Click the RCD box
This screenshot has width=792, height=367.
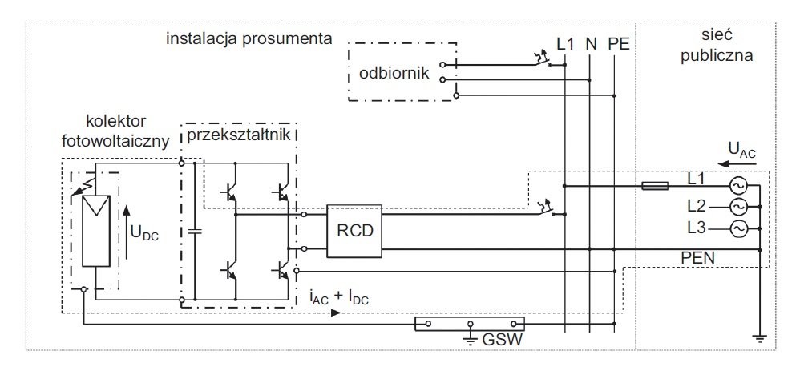click(354, 232)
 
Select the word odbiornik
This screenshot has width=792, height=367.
click(394, 73)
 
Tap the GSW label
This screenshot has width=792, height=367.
click(502, 340)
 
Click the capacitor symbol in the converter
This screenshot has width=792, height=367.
click(195, 232)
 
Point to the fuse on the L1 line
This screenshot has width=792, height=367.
click(655, 186)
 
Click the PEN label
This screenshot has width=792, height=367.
click(697, 258)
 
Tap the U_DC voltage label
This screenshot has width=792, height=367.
click(144, 232)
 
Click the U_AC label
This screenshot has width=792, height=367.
click(742, 149)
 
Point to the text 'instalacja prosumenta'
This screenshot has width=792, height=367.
click(249, 39)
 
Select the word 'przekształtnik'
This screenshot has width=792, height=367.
click(238, 135)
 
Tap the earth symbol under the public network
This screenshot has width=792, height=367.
click(760, 339)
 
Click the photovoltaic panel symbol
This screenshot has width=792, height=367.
click(96, 231)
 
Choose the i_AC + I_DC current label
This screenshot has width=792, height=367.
click(339, 298)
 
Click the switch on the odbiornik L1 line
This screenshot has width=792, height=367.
click(543, 59)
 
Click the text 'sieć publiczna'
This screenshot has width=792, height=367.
click(717, 46)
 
